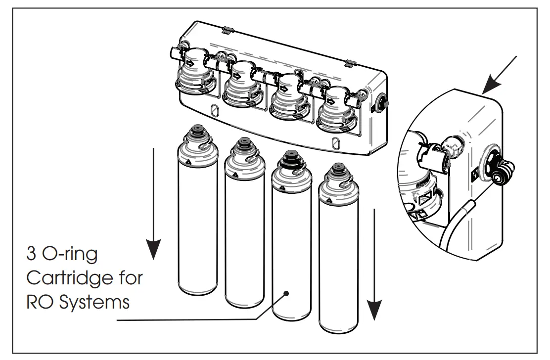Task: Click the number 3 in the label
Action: [32, 255]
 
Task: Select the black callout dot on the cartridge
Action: [286, 294]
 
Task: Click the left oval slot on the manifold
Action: [215, 110]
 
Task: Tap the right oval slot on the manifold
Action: [336, 144]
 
